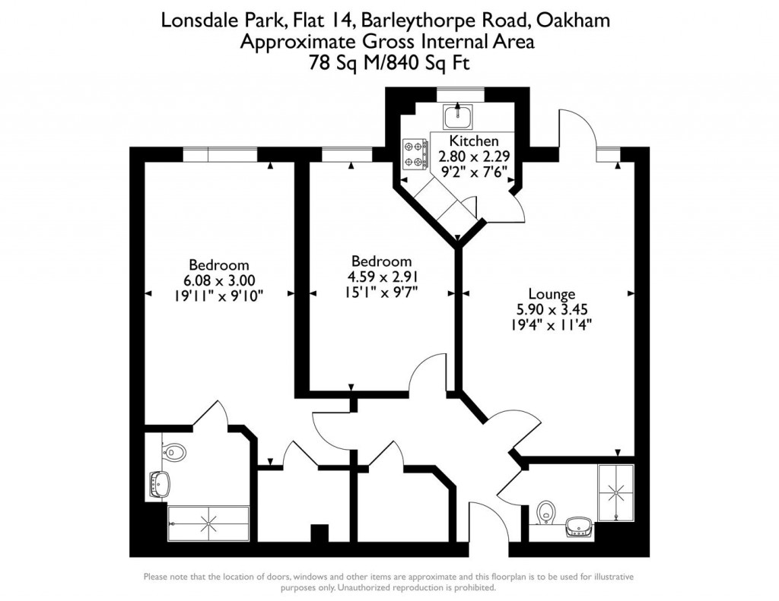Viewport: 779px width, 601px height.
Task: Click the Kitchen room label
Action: click(474, 141)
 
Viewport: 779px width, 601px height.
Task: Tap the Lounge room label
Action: click(552, 294)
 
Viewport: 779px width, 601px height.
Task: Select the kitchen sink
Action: click(459, 116)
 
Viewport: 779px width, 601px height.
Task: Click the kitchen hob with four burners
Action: click(415, 153)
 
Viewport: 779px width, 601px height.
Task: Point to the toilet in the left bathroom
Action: click(175, 451)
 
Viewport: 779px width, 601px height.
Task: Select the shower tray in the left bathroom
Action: click(208, 521)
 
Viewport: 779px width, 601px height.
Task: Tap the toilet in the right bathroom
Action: click(544, 513)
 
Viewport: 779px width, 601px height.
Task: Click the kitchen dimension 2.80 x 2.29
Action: click(474, 157)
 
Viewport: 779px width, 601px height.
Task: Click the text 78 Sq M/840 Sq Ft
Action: click(386, 63)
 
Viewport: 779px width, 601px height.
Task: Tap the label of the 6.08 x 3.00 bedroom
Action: click(219, 265)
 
